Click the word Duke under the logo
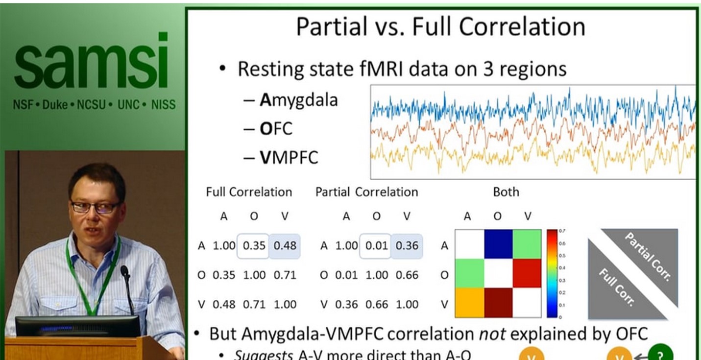coord(55,104)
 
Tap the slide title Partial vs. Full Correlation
coord(440,27)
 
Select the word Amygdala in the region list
coord(298,100)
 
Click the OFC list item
coord(276,128)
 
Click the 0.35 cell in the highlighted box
coord(254,245)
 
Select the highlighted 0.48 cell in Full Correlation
coord(285,245)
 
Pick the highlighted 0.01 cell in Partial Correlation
coord(376,245)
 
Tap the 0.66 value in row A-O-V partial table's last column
coord(407,275)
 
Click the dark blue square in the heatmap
coord(498,244)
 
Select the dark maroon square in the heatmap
coord(498,302)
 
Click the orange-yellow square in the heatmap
coord(469,302)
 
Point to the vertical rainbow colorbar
coord(552,273)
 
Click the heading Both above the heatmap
coord(506,192)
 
